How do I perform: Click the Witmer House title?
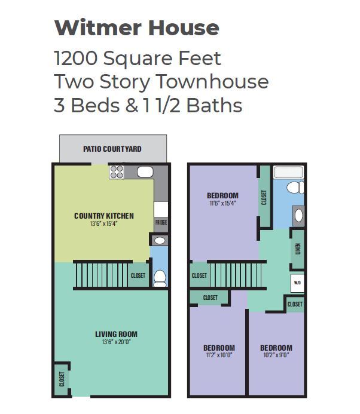click(137, 27)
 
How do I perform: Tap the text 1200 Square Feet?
click(137, 59)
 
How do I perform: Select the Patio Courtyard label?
click(112, 149)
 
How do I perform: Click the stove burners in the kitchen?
click(117, 172)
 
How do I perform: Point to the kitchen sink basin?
click(145, 172)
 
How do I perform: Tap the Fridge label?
click(161, 222)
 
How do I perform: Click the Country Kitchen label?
click(104, 216)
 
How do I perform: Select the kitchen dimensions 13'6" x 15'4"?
click(103, 223)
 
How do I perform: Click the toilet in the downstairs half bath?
click(160, 278)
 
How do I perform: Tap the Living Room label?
click(116, 334)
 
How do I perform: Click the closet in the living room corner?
click(62, 379)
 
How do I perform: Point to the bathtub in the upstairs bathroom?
click(288, 172)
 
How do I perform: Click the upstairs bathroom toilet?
click(295, 187)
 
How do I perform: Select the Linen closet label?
click(298, 249)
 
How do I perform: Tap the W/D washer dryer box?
click(297, 283)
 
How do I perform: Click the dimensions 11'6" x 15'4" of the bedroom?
click(222, 203)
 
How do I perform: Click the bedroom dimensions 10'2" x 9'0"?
click(276, 355)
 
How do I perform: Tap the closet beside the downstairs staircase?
click(138, 275)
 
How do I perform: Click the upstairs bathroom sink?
click(298, 216)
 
